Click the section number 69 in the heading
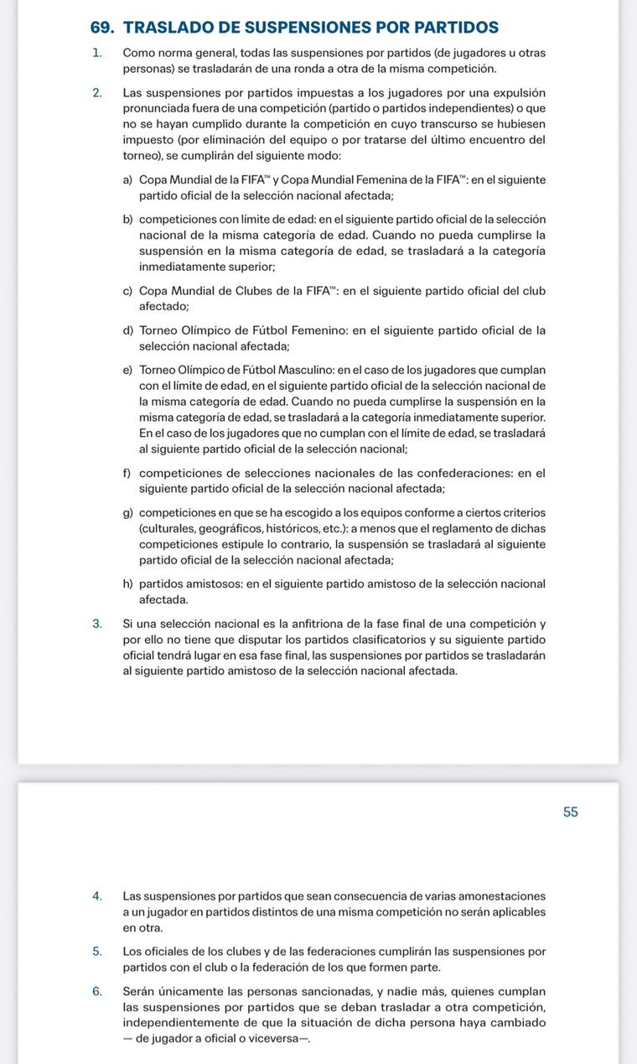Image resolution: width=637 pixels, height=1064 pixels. click(x=101, y=28)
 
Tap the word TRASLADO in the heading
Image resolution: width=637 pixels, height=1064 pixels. click(x=169, y=28)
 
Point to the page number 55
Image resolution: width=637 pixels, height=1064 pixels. click(x=571, y=812)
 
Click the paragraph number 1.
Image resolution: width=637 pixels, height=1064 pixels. click(x=98, y=53)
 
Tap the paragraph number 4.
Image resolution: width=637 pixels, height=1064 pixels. click(x=98, y=896)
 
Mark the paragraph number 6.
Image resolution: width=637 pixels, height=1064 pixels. click(x=98, y=991)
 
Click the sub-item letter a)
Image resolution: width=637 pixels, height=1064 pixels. click(x=128, y=180)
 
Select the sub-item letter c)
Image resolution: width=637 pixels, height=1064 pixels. click(x=128, y=291)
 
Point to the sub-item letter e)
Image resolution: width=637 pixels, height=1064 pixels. click(x=128, y=370)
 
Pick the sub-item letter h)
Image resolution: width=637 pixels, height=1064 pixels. click(x=128, y=584)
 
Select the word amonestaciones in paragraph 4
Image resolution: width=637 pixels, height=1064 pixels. click(x=500, y=896)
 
